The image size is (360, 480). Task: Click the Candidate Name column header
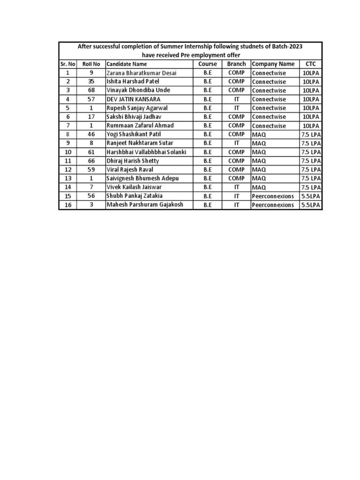click(x=127, y=64)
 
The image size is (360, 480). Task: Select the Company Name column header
click(x=273, y=64)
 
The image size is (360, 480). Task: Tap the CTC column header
click(x=311, y=64)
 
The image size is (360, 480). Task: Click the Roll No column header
click(x=91, y=64)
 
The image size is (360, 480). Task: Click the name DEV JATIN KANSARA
click(x=133, y=99)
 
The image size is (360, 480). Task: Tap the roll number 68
click(x=91, y=90)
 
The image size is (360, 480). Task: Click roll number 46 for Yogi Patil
click(x=91, y=134)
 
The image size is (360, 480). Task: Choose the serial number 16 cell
click(x=68, y=205)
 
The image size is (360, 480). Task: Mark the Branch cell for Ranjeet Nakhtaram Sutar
click(x=236, y=143)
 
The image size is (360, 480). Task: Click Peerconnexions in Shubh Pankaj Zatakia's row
click(x=273, y=196)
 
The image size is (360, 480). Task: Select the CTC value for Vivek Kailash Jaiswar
click(x=311, y=187)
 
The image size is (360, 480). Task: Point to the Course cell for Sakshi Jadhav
click(x=208, y=117)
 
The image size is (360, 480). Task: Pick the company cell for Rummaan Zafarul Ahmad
click(x=269, y=126)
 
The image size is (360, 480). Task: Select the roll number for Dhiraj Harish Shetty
click(x=91, y=161)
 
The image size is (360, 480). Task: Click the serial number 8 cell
click(x=68, y=134)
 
